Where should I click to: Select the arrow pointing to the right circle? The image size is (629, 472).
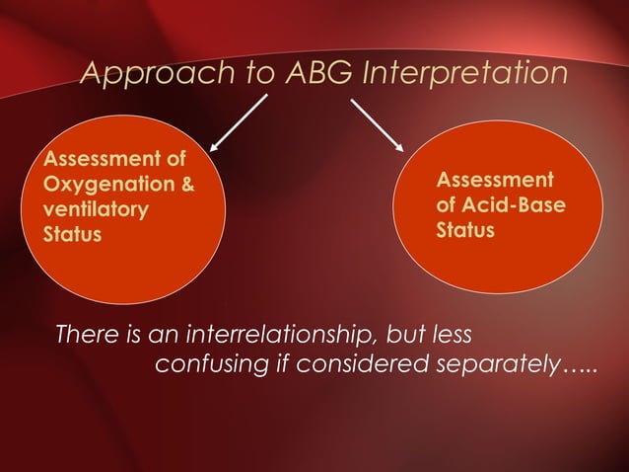(377, 123)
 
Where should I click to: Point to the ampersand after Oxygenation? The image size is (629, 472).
(184, 185)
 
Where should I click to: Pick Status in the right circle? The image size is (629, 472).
(465, 231)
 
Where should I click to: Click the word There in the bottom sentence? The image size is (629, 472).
(86, 333)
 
